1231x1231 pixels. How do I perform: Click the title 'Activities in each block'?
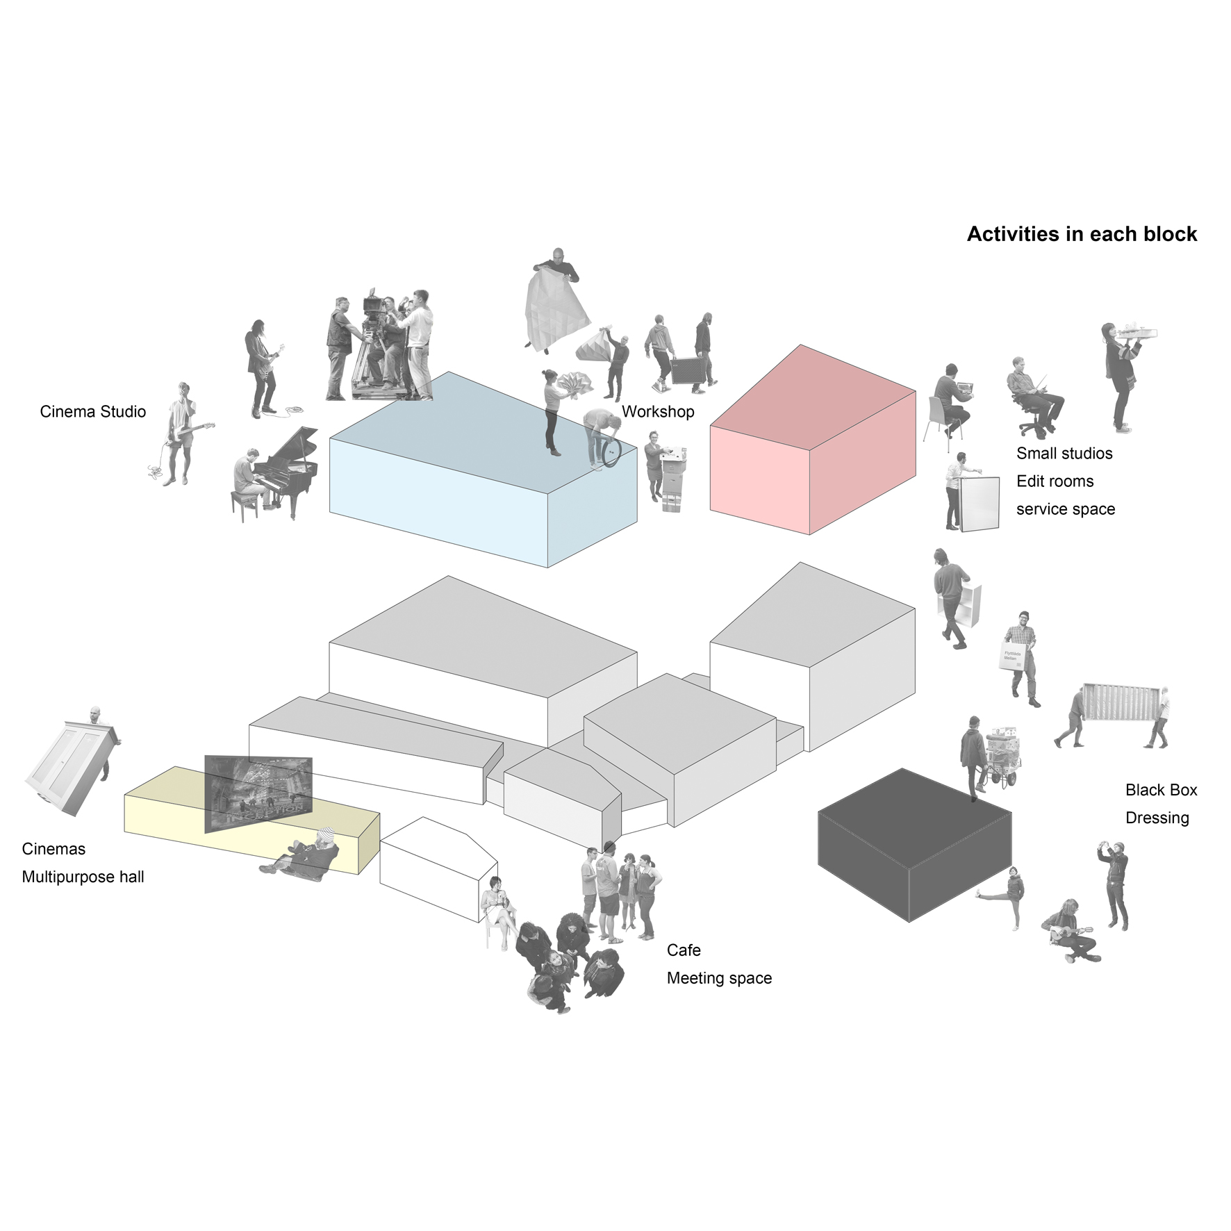tap(1082, 234)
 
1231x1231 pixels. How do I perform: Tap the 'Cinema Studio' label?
tap(93, 411)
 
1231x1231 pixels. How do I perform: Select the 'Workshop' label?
tap(658, 411)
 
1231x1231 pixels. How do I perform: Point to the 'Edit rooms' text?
tap(1055, 481)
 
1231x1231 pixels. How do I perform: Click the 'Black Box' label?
tap(1161, 790)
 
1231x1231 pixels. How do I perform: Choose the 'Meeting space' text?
tap(719, 978)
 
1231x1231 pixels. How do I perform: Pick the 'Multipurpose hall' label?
tap(83, 877)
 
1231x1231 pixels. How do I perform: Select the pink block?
tap(813, 440)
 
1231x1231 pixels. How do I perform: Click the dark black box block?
tap(914, 845)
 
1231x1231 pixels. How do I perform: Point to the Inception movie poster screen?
tap(258, 793)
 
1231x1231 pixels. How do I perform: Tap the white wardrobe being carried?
tap(67, 768)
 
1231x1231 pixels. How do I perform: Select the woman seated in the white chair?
tap(499, 911)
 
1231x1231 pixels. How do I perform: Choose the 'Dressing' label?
tap(1157, 818)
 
